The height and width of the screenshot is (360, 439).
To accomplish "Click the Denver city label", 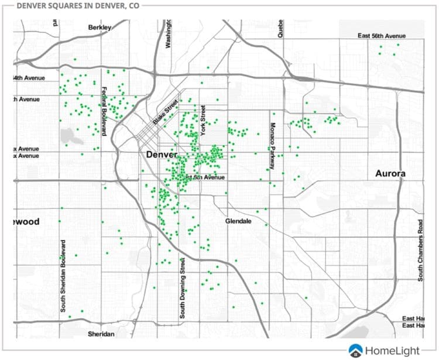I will [x=157, y=155].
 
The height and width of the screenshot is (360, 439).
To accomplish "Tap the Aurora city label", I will [x=391, y=174].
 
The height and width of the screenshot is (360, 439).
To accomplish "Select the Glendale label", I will [x=238, y=221].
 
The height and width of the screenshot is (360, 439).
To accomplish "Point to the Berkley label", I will [x=99, y=28].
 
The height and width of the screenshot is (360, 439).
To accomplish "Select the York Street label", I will [x=204, y=121].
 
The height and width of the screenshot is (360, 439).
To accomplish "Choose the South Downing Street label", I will [x=182, y=290].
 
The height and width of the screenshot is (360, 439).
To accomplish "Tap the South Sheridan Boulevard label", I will [x=63, y=275].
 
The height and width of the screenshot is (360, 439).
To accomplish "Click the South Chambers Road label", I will [x=420, y=251].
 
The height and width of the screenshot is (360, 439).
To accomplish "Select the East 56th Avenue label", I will [x=381, y=36].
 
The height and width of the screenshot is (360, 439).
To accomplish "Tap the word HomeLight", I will [x=392, y=351].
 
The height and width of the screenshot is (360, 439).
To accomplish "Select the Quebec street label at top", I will [x=280, y=28].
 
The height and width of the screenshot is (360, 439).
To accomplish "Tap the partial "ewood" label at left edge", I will [x=26, y=222].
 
